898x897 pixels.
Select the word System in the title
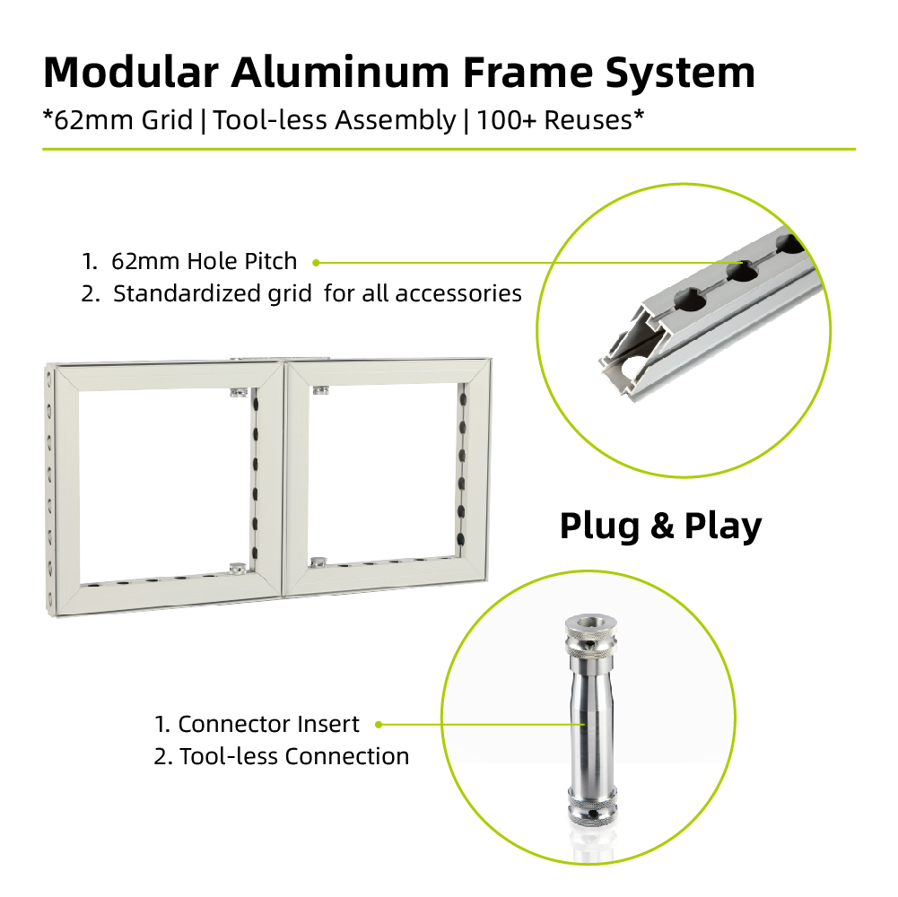[680, 74]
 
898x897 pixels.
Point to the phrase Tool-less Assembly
[335, 121]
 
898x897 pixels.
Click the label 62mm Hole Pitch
[204, 261]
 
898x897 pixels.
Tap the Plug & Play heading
[661, 526]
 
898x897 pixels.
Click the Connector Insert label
[268, 724]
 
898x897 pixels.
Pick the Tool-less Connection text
[294, 757]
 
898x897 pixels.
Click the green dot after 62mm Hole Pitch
[316, 262]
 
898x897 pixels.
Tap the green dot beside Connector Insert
[379, 725]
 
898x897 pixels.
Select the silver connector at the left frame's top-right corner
[240, 391]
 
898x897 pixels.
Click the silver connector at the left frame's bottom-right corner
[239, 568]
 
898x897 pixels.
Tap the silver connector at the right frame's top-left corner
[321, 390]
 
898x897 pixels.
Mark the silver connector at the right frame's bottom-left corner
[318, 562]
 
